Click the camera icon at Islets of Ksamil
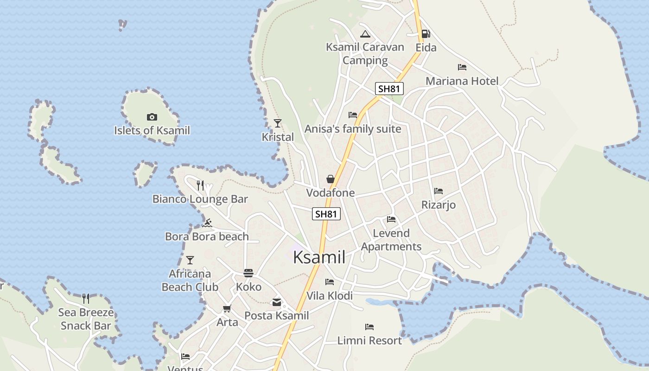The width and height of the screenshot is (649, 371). tap(152, 117)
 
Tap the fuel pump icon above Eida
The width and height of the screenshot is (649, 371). tap(426, 33)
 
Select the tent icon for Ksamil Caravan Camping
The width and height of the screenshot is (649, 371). tap(365, 34)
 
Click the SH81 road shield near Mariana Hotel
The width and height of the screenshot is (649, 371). tap(389, 89)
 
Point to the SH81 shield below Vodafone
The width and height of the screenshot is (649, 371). tap(326, 214)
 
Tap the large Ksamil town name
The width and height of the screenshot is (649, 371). tap(319, 257)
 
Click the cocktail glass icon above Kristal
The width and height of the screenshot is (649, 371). tap(278, 123)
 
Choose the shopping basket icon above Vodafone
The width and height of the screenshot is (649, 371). tap(331, 179)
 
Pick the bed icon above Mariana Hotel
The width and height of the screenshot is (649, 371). tap(462, 67)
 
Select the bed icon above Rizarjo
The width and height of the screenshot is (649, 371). tap(439, 191)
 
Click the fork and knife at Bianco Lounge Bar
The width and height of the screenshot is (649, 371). tap(200, 185)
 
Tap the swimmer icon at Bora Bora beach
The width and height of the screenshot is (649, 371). tap(207, 223)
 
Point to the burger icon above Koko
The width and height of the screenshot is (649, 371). tap(248, 273)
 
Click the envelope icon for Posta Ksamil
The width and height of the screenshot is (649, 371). tap(277, 302)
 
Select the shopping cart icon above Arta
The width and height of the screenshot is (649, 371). tap(227, 308)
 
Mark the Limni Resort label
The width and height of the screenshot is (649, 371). tap(369, 340)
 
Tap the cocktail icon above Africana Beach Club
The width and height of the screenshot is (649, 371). tap(190, 260)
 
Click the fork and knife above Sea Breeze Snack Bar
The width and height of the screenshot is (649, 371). tap(86, 298)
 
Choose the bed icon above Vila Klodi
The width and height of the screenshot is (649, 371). tap(330, 282)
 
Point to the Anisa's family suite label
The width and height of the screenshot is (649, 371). tap(353, 129)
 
